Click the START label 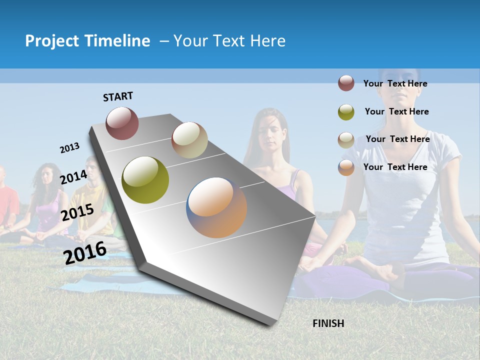(118, 96)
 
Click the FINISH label (328, 323)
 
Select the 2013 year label (69, 148)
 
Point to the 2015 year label (77, 212)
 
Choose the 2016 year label (85, 253)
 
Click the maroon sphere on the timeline (122, 123)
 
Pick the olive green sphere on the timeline (145, 180)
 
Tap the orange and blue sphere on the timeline (216, 207)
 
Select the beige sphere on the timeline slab (189, 140)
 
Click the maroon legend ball (346, 83)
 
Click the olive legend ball (346, 112)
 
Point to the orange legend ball (346, 167)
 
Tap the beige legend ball (346, 139)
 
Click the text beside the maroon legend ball (395, 83)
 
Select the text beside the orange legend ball (395, 167)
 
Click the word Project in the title (52, 41)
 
